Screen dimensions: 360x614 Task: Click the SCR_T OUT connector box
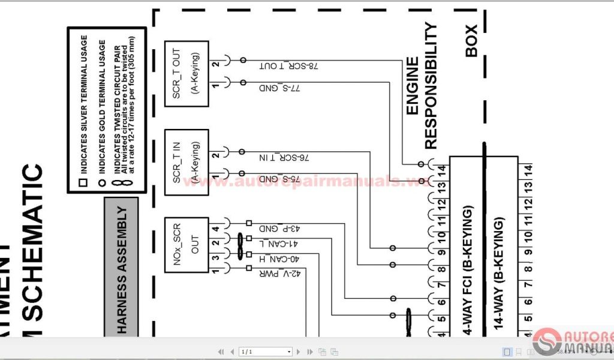pyautogui.click(x=186, y=73)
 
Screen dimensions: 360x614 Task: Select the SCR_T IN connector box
pyautogui.click(x=186, y=162)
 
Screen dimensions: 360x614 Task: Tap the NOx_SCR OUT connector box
pyautogui.click(x=186, y=245)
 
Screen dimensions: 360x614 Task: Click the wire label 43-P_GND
pyautogui.click(x=279, y=229)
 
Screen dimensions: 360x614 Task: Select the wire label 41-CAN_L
pyautogui.click(x=278, y=244)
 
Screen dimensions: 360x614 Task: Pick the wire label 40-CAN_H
pyautogui.click(x=278, y=259)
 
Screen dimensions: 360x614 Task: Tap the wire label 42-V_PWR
pyautogui.click(x=278, y=274)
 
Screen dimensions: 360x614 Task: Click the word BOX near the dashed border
pyautogui.click(x=471, y=41)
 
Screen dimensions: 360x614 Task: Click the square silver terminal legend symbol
pyautogui.click(x=83, y=181)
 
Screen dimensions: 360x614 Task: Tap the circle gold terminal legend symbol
pyautogui.click(x=101, y=181)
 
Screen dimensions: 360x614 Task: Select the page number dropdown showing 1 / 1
pyautogui.click(x=265, y=352)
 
